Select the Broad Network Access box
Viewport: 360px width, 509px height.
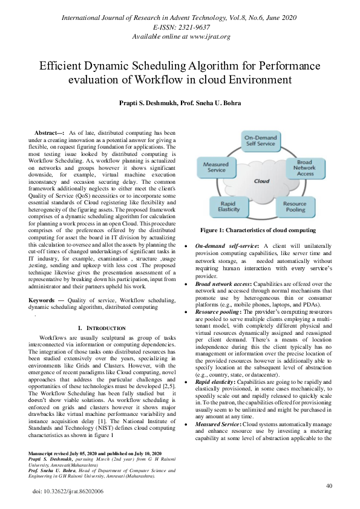(305, 167)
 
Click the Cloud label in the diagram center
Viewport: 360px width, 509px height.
(261, 181)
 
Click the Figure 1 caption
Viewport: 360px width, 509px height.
(258, 230)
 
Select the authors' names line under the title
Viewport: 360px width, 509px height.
(180, 103)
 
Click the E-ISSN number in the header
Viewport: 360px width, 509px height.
(180, 27)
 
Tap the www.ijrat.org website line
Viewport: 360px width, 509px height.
(180, 37)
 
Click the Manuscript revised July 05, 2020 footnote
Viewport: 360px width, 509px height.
(95, 453)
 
